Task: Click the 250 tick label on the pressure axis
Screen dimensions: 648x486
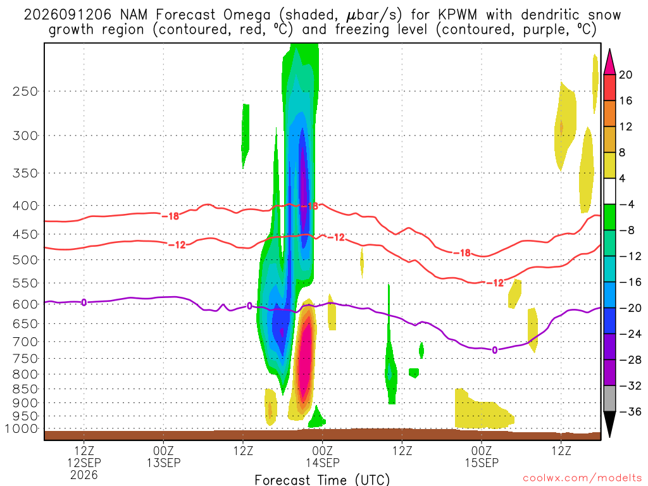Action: (25, 91)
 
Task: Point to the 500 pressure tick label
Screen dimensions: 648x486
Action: (25, 260)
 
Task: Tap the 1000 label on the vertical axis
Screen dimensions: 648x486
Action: (22, 428)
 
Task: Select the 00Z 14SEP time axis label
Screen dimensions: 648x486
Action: (322, 456)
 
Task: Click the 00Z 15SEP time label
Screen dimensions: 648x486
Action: (482, 456)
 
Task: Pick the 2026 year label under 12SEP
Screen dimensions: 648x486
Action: (84, 475)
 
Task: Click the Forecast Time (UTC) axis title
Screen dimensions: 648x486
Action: (322, 480)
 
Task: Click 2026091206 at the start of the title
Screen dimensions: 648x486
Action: (67, 15)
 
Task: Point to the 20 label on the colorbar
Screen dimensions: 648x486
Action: (626, 75)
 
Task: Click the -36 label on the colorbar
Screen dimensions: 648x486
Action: (630, 411)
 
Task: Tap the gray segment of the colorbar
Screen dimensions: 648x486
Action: (609, 399)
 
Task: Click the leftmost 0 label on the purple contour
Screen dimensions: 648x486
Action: (84, 302)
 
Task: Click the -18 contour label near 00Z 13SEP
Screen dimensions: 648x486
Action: (170, 216)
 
